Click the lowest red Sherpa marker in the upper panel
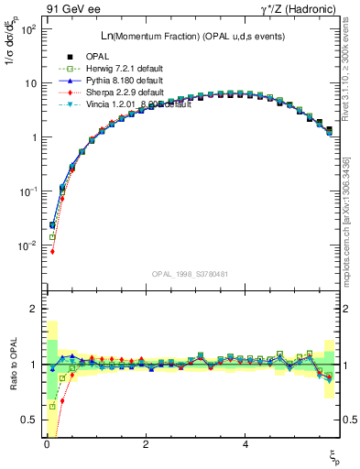52,251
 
